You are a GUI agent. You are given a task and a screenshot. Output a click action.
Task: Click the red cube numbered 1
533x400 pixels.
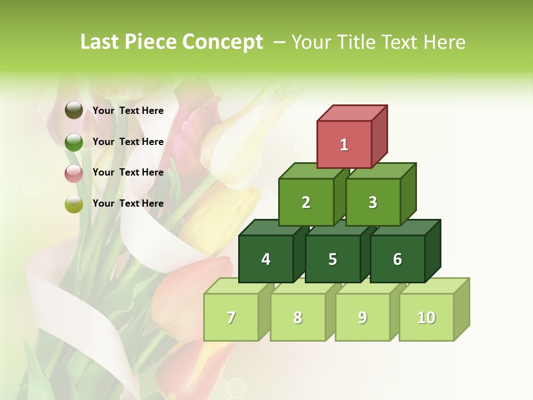(344, 144)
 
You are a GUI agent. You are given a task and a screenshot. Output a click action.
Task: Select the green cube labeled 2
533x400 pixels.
(306, 202)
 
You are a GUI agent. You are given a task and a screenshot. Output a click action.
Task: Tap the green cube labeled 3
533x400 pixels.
(373, 202)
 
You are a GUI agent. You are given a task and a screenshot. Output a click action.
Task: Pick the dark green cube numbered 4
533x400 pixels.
(266, 259)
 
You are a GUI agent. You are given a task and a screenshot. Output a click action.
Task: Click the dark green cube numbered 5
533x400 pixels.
(333, 259)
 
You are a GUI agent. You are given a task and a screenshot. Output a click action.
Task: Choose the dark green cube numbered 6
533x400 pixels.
(398, 259)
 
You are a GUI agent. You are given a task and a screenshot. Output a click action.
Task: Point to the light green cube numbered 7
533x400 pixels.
(231, 317)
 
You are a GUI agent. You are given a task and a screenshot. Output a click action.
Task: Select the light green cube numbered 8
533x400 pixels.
(298, 317)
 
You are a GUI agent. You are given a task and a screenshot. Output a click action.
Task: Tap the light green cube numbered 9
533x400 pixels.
(362, 317)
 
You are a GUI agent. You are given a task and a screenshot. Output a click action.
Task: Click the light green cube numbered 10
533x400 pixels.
(426, 317)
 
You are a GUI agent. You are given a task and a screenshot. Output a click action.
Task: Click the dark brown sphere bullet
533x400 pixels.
(74, 111)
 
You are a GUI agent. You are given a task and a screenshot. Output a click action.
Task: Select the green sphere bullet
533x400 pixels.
(74, 142)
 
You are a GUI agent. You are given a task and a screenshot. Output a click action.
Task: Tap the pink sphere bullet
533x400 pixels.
(74, 173)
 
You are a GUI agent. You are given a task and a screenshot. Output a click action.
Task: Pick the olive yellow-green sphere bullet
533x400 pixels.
(74, 204)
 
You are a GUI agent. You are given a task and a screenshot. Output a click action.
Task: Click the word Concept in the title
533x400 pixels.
(222, 42)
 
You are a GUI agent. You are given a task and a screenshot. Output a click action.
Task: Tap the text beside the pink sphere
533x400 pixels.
(128, 172)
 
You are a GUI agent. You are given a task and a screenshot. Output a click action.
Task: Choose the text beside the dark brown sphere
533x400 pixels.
(128, 111)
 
